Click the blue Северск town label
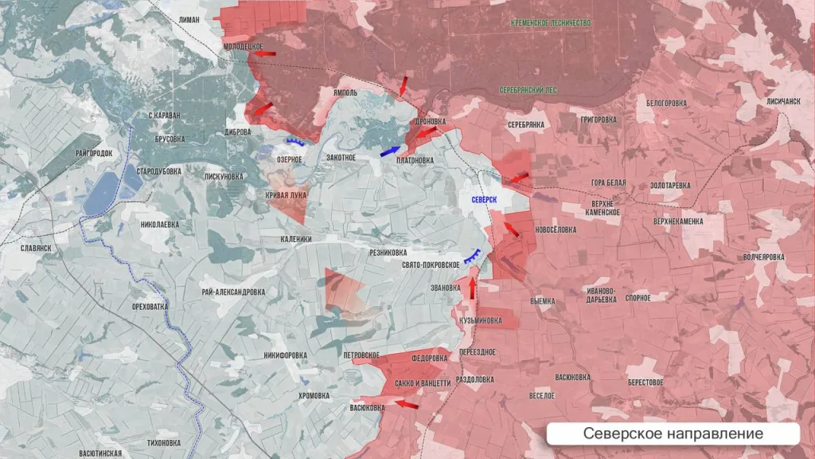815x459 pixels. [x=484, y=198]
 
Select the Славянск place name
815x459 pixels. [x=37, y=248]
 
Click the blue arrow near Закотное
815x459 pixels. [x=390, y=150]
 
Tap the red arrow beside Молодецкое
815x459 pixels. [x=266, y=54]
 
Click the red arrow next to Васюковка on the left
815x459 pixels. [x=406, y=405]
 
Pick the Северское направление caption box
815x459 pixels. [x=673, y=433]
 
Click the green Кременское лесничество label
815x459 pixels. [x=551, y=23]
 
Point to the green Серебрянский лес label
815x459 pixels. [x=528, y=91]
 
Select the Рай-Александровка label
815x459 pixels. [x=233, y=292]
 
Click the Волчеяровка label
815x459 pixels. [x=763, y=257]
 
